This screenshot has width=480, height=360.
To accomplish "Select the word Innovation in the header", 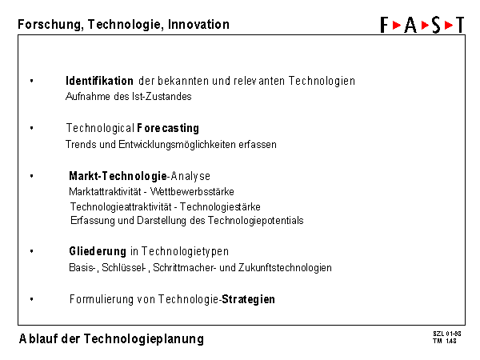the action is click(x=198, y=25).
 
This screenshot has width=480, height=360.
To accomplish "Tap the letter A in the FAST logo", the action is click(x=410, y=25).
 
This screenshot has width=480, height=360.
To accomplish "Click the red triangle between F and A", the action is click(x=397, y=25).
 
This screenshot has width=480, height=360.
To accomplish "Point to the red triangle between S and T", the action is click(x=449, y=25).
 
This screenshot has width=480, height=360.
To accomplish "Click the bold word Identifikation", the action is click(x=99, y=81).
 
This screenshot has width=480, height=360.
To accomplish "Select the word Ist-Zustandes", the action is click(x=162, y=97).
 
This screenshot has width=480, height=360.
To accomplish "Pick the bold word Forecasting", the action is click(x=168, y=128).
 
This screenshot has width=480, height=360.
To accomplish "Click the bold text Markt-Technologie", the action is click(x=118, y=176).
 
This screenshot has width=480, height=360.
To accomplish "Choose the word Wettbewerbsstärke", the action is click(x=192, y=192).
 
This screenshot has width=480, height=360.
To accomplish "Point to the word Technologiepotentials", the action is click(x=256, y=221).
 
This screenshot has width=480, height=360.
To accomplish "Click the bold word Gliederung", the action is click(x=98, y=251).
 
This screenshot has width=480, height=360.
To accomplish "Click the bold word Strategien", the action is click(x=248, y=299).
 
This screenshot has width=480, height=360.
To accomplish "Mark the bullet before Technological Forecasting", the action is click(x=31, y=128).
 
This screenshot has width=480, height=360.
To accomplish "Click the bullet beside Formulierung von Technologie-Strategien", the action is click(x=31, y=298).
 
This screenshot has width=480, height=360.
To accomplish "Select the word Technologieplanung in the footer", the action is click(x=143, y=339).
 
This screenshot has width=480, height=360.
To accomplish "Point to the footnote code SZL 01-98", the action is click(x=447, y=334).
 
